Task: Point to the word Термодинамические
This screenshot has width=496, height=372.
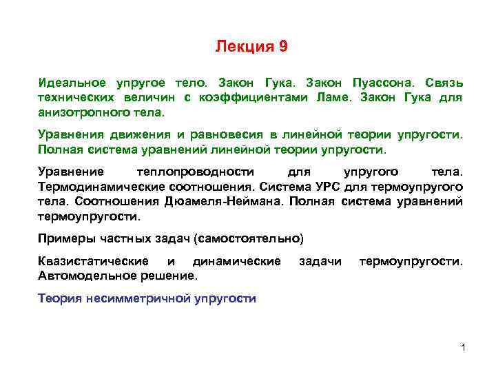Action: pos(94,186)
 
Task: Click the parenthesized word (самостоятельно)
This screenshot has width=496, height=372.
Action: pos(249,239)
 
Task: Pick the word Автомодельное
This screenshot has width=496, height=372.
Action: pos(79,276)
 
